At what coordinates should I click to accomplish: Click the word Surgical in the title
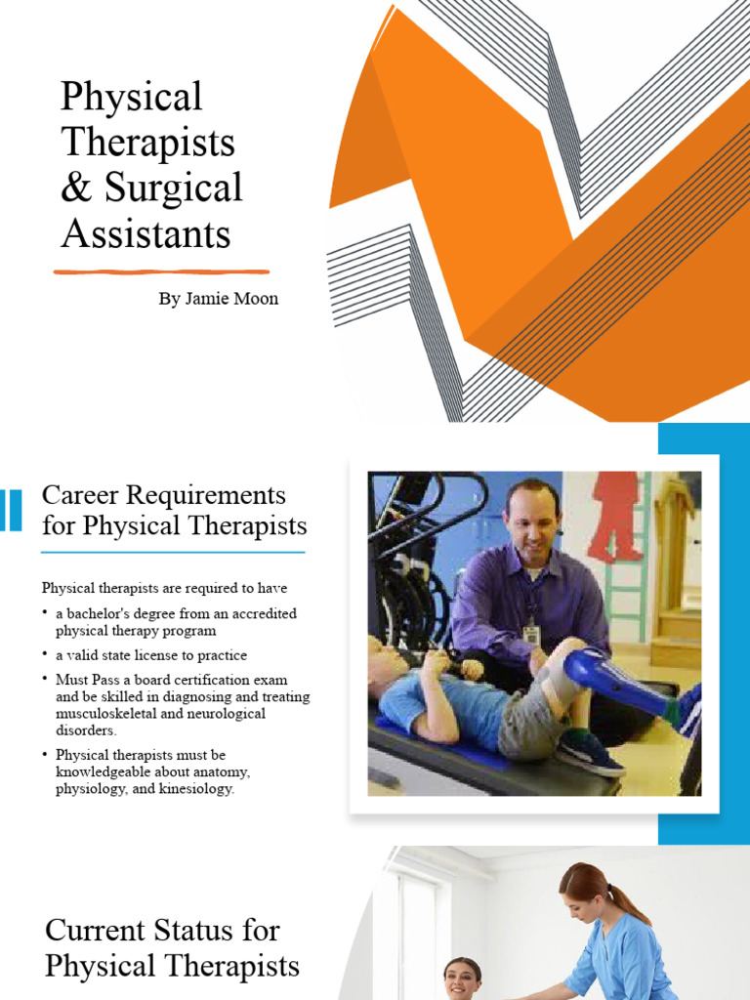coord(174,188)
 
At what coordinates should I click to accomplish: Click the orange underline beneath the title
coord(161,271)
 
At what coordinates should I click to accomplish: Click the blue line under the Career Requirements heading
coord(173,553)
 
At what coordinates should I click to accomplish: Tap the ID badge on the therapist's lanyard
coord(531,634)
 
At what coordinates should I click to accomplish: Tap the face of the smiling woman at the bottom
coord(461,979)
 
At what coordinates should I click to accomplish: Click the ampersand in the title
coord(75,188)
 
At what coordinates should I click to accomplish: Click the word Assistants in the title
coord(146,234)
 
